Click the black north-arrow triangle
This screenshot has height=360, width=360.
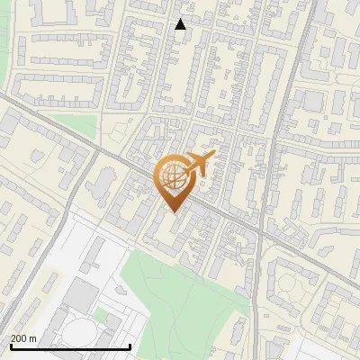180,24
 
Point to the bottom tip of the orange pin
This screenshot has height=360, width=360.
171,212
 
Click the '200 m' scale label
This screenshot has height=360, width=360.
23,338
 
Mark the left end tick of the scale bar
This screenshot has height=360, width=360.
10,346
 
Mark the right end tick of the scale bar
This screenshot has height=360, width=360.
131,346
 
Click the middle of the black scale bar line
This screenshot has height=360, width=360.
70,347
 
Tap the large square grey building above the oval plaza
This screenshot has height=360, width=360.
84,292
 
